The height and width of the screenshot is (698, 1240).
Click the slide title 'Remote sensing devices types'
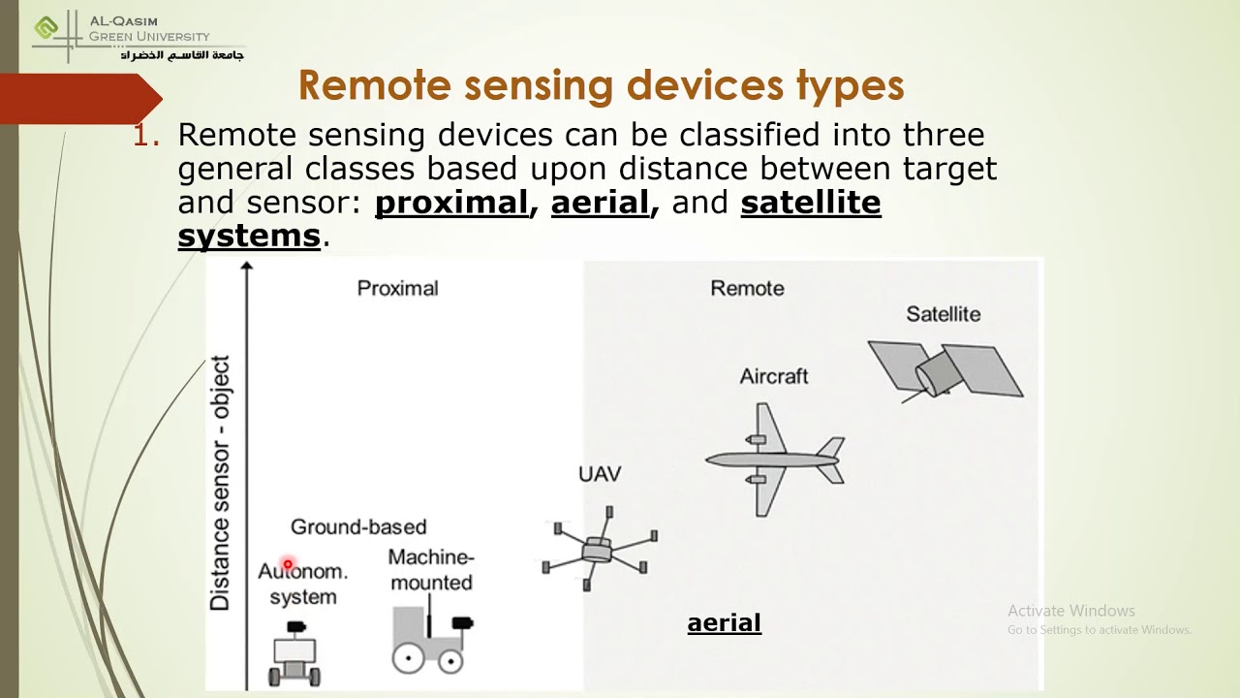coord(601,85)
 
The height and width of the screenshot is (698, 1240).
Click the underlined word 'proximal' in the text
coord(450,203)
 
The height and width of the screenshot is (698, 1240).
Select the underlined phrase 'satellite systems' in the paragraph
coord(810,203)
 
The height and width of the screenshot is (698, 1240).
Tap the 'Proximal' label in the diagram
coord(397,288)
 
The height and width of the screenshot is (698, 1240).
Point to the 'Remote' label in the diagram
coord(747,288)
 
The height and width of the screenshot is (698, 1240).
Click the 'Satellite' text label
coord(943,314)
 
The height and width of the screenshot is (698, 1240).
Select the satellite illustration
coord(945,369)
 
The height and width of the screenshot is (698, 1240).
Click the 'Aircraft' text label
coord(773,376)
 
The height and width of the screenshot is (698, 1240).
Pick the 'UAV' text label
coord(600,474)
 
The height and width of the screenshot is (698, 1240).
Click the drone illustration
coord(599,550)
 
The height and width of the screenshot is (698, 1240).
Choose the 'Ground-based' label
coord(358,526)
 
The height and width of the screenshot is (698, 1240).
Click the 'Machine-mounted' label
coord(431,570)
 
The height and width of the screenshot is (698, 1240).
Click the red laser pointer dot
coord(288,564)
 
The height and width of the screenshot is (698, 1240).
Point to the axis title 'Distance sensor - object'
coord(222,483)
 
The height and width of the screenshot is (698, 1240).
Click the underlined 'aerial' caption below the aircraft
coord(724,623)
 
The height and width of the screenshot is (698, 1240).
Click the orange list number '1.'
coord(146,136)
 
